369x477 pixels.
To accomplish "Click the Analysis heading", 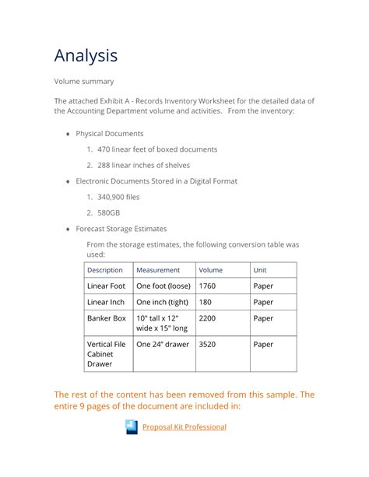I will coord(86,55).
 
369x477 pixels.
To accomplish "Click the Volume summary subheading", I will coord(83,81).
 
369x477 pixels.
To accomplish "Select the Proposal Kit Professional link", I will coord(184,426).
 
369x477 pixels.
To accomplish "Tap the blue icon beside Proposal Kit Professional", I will coord(132,426).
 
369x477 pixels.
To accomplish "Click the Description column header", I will coord(105,270).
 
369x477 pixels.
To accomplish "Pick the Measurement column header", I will coord(158,270).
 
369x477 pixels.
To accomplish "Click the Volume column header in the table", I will coord(210,270).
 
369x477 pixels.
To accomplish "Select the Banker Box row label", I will coord(107,318).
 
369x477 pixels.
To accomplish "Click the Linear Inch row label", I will coord(106,302).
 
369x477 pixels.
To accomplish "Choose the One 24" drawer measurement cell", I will coord(163,344).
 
